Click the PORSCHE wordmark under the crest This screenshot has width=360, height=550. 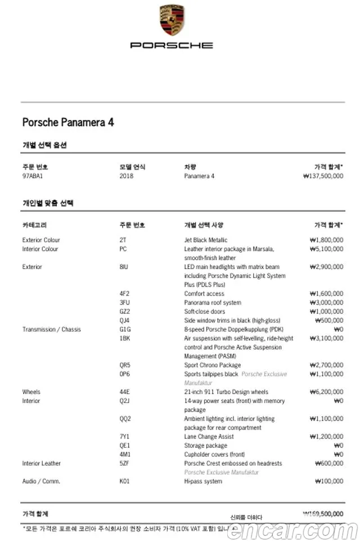(x=172, y=45)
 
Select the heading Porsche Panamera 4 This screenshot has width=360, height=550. (x=68, y=122)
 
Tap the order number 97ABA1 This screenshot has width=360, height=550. (x=33, y=176)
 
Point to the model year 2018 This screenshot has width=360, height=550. (x=127, y=176)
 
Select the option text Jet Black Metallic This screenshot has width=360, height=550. (x=206, y=240)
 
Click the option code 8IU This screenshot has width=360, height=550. (x=124, y=267)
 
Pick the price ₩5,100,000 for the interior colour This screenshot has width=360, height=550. (x=326, y=249)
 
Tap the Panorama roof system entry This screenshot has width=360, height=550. (x=212, y=302)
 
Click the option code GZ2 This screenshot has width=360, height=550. (x=125, y=311)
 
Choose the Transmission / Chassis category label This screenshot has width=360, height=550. (x=51, y=329)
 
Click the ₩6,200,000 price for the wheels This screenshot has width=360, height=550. (x=326, y=392)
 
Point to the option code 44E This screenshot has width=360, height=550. (x=125, y=392)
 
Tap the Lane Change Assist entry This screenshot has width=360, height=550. (x=209, y=437)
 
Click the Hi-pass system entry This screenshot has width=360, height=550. (x=203, y=481)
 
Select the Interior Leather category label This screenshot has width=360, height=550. (x=41, y=463)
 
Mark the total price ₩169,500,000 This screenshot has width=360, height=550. (x=323, y=513)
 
